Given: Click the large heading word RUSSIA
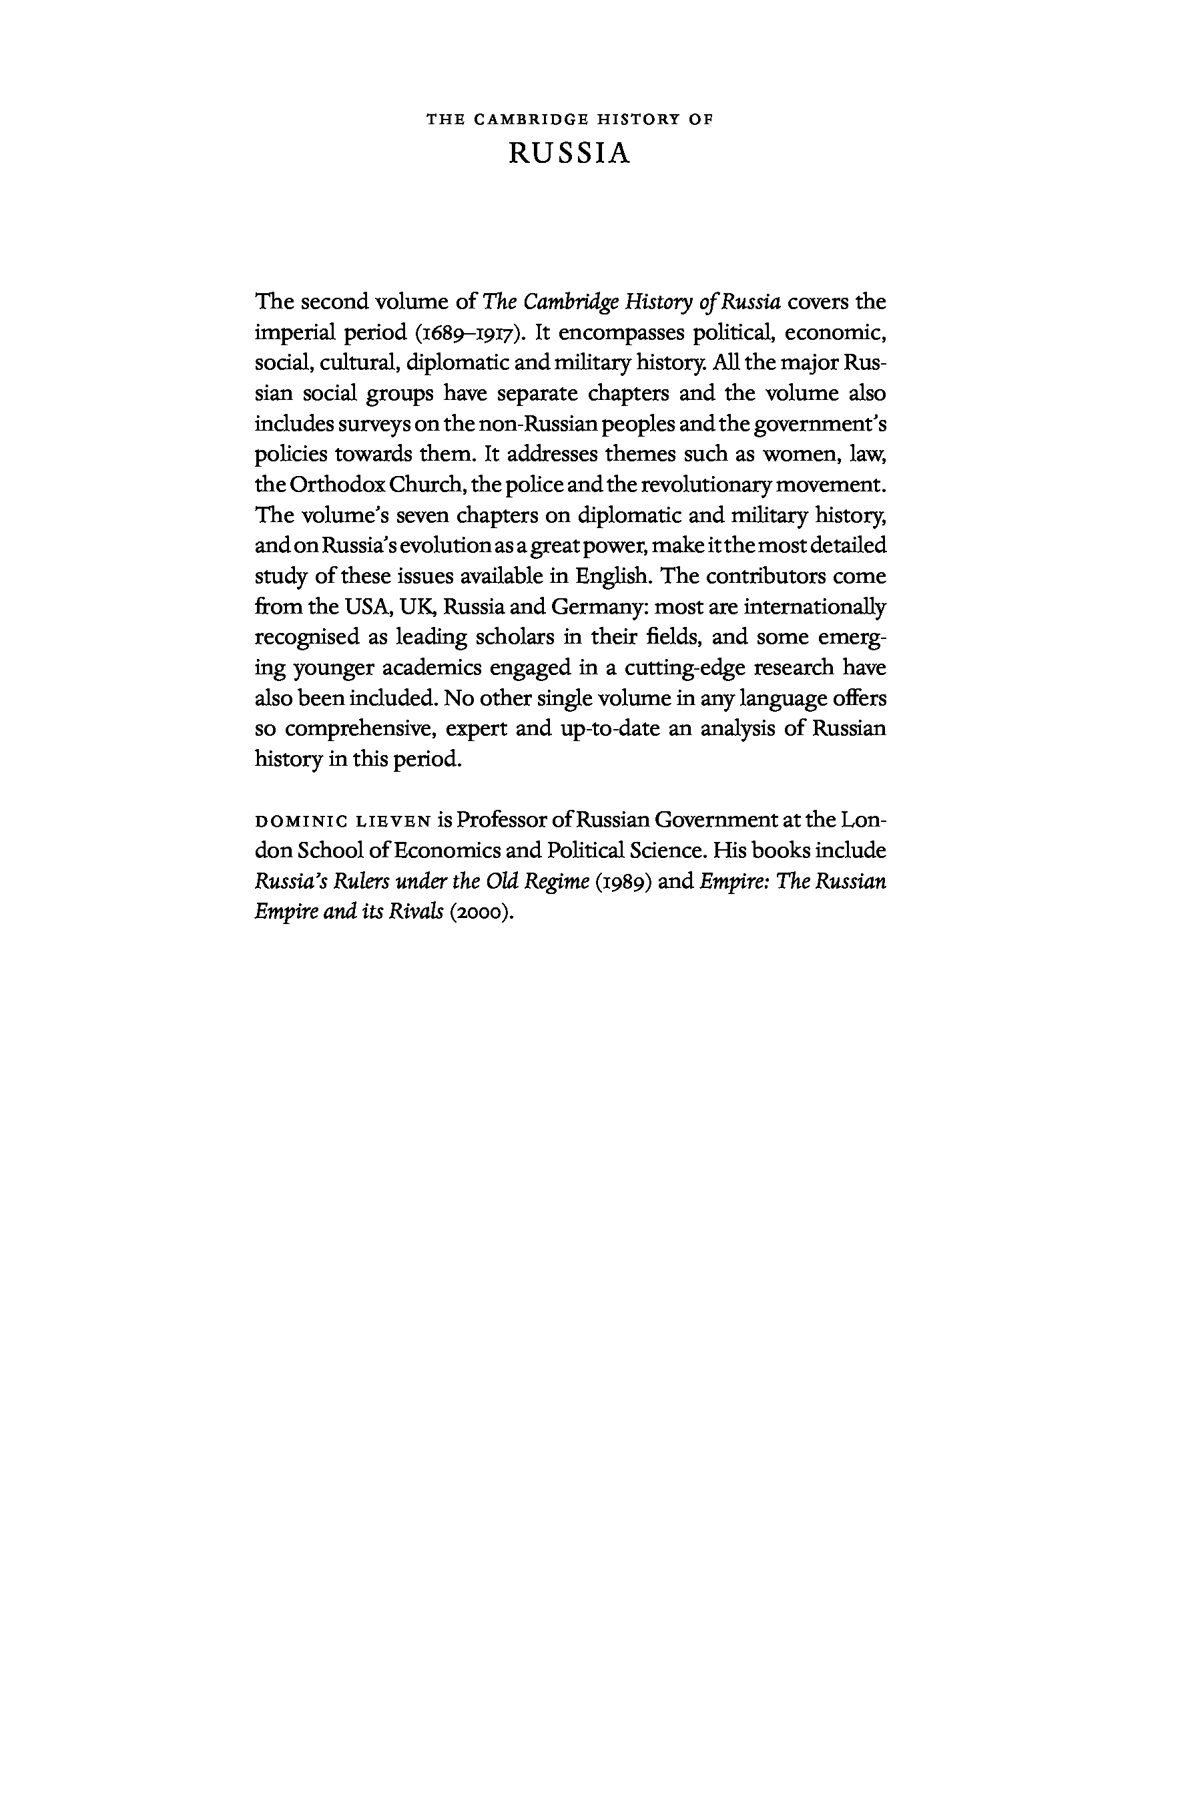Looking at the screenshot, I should [569, 154].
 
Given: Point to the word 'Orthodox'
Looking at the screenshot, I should [332, 485].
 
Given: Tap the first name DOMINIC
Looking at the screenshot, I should [301, 822].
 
